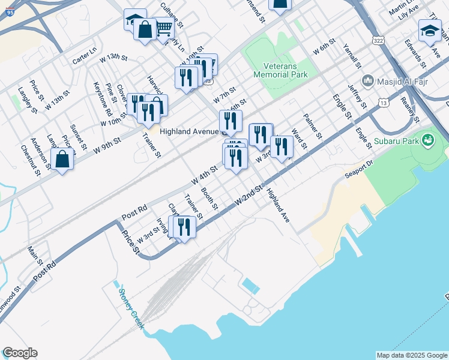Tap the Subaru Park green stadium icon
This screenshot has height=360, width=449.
click(x=428, y=141)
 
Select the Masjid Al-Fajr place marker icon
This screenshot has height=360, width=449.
click(x=367, y=80)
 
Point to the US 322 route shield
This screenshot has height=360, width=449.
click(x=378, y=40)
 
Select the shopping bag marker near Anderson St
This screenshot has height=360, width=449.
click(x=62, y=159)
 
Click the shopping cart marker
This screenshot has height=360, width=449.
click(x=163, y=28)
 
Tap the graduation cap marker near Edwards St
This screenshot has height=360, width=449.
click(x=430, y=31)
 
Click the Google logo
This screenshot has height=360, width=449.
click(x=20, y=353)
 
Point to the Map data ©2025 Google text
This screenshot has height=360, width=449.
click(x=411, y=355)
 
